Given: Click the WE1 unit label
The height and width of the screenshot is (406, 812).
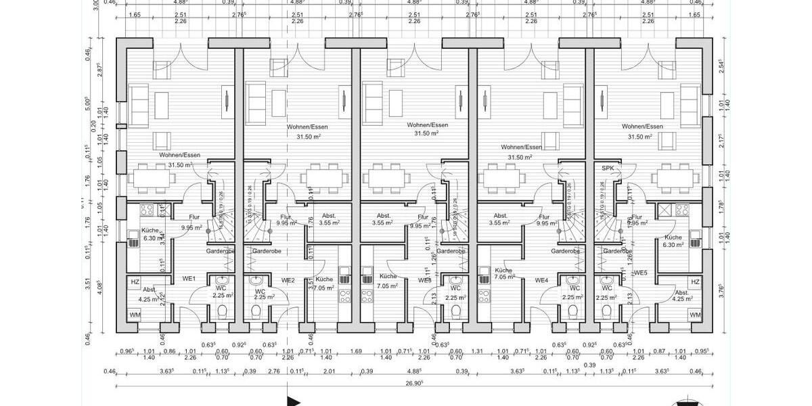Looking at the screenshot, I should tap(189, 279).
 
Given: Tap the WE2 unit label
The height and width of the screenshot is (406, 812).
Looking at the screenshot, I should tap(288, 280).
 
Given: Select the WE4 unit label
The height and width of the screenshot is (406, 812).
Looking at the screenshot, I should tap(541, 280).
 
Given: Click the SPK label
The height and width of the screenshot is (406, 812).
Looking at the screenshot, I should tap(607, 168).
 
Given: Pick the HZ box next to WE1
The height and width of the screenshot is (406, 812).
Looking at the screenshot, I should tap(135, 282).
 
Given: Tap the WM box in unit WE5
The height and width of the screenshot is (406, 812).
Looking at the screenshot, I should tap(695, 315).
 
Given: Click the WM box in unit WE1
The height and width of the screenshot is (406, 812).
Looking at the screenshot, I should tap(135, 315).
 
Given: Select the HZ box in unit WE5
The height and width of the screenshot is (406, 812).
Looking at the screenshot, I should tap(695, 282).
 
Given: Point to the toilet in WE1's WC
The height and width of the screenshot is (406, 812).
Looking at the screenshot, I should tap(222, 312).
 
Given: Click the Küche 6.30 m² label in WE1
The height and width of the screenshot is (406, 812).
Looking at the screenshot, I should tap(150, 233).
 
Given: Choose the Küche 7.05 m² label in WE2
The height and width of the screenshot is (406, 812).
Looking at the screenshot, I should tap(324, 283).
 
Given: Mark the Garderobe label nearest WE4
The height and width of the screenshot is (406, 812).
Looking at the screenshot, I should tap(565, 251).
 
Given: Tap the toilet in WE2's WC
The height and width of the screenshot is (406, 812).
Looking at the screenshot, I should tap(256, 312).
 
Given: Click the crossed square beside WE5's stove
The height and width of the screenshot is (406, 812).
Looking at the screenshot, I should tap(664, 210).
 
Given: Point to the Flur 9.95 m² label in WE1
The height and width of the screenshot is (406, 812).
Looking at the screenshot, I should tap(192, 223).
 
